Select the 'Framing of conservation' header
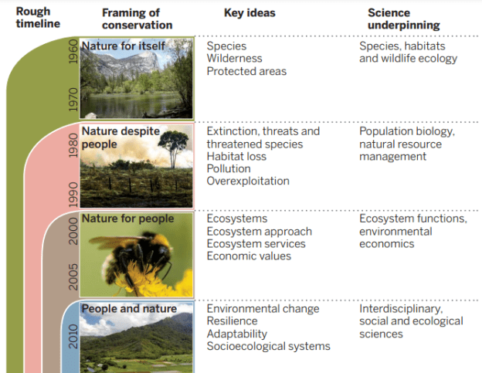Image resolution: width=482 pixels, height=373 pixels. (137, 18)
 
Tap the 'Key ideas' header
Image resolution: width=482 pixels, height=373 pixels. (249, 12)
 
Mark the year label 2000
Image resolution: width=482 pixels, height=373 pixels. (72, 229)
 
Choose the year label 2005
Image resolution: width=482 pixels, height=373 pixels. (72, 277)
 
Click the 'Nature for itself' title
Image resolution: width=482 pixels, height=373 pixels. (124, 46)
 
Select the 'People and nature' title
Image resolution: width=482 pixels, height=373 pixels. (129, 309)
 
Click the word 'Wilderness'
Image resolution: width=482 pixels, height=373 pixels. (234, 59)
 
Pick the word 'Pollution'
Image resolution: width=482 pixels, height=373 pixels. (229, 168)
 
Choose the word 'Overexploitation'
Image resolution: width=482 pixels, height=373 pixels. (248, 181)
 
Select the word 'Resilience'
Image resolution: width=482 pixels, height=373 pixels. (232, 321)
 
